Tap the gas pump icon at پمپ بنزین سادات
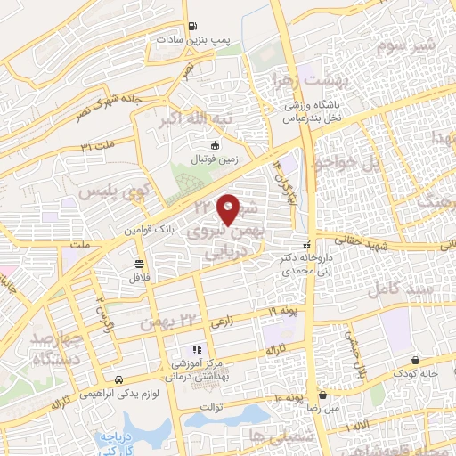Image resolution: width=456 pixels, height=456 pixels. tap(193, 27)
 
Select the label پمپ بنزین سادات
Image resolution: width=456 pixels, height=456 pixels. tap(193, 40)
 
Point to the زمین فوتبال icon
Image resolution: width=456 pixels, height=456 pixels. tap(213, 144)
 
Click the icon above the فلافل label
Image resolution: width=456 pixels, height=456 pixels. tap(139, 263)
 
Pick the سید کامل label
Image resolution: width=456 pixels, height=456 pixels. tap(427, 290)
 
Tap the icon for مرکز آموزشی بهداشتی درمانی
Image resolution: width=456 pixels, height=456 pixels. tap(197, 348)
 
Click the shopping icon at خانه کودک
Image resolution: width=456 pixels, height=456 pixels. tap(417, 360)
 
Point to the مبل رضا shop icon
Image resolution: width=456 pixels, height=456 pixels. tap(322, 395)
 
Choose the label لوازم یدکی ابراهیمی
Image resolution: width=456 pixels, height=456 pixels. tap(116, 392)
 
